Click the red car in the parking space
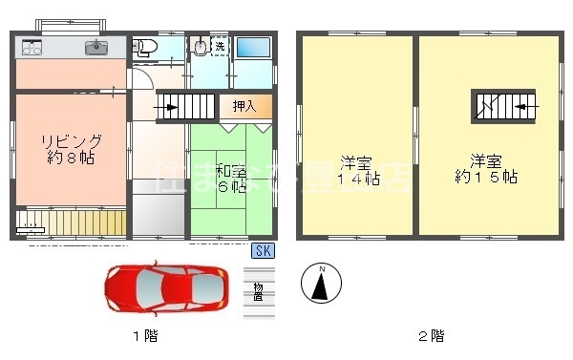[x=167, y=285]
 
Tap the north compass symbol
[x=321, y=282]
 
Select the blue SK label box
[x=262, y=251]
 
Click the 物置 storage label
[x=258, y=293]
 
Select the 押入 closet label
[x=244, y=105]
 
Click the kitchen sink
[x=96, y=46]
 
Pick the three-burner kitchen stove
[x=31, y=46]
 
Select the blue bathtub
[x=253, y=48]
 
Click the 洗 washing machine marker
[x=220, y=46]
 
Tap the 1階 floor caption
[x=144, y=335]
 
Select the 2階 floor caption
[x=430, y=335]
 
